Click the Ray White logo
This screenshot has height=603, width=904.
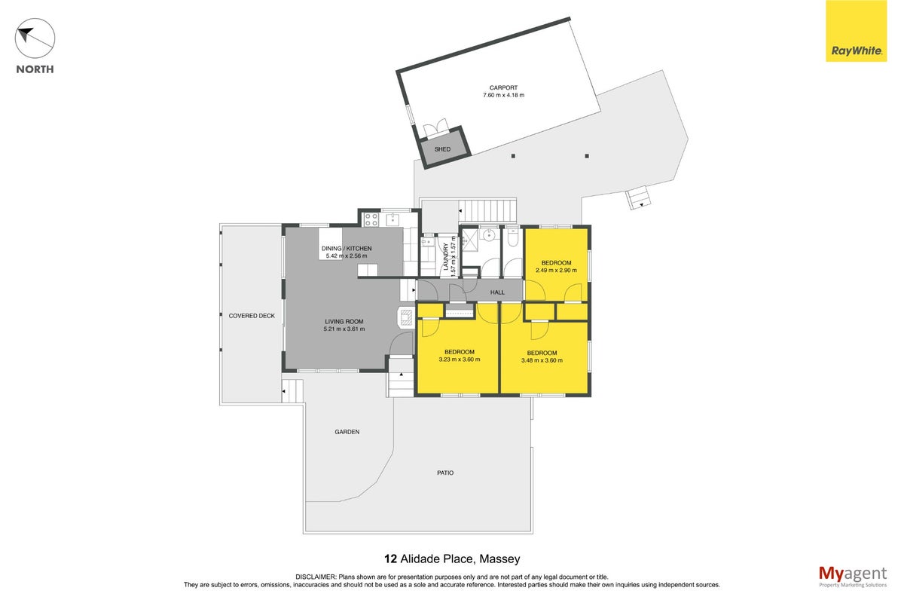coord(856,31)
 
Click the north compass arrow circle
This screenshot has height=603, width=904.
coord(35,38)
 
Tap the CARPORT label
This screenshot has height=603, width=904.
coord(503,87)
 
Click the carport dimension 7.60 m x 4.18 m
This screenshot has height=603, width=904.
coord(504,95)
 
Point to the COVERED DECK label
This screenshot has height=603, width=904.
coord(252,316)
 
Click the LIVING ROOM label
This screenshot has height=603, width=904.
coord(344,322)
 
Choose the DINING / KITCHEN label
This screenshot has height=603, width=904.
coord(347,249)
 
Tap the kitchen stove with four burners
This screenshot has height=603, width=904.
coord(371,219)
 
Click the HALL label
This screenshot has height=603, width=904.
coord(497,292)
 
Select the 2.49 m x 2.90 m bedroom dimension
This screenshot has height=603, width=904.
coord(556,270)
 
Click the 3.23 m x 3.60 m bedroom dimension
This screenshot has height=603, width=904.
coord(460,360)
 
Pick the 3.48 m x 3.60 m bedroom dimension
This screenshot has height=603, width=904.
coord(542,360)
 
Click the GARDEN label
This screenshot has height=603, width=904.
coord(347,432)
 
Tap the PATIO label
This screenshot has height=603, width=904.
coord(445,473)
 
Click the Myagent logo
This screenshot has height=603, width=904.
coord(853,577)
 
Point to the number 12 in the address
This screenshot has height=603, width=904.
coord(390,559)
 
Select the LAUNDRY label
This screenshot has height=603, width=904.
coord(445,257)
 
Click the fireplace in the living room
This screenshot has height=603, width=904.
coord(405,317)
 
